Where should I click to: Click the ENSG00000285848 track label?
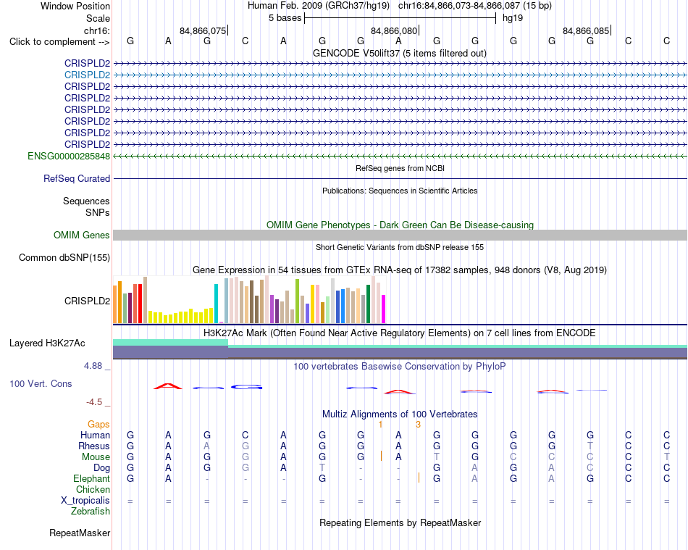tap(69, 157)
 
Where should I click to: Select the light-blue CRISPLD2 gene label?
tap(88, 75)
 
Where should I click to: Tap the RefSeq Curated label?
tap(77, 179)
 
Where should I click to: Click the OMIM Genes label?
tap(82, 236)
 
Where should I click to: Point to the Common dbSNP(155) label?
tap(64, 258)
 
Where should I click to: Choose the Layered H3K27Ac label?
tap(47, 343)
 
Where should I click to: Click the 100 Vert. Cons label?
tap(41, 383)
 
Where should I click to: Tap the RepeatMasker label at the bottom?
tap(80, 533)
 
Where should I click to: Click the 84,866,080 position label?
tap(394, 30)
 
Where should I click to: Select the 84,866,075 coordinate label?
tap(203, 30)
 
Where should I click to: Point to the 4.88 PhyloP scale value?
tap(93, 366)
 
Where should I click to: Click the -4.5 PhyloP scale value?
tap(94, 402)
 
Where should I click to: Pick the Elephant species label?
tap(92, 478)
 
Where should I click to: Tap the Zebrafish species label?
tap(91, 512)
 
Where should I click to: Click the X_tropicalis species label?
tap(85, 501)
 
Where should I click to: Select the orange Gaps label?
tap(98, 424)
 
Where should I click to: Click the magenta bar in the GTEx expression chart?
tap(384, 309)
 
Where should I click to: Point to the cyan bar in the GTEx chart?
tap(216, 304)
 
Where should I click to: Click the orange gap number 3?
tap(418, 425)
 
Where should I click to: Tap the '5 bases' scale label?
tap(285, 18)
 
